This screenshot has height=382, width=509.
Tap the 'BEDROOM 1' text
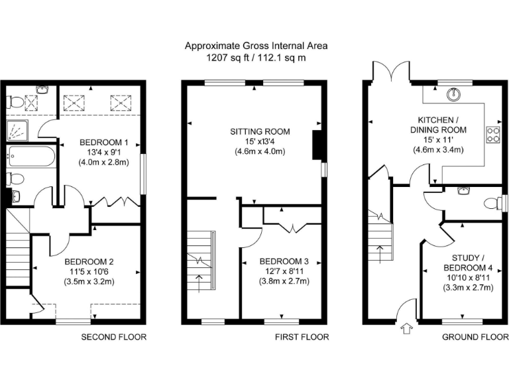click(x=104, y=142)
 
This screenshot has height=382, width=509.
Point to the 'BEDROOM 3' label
click(x=283, y=261)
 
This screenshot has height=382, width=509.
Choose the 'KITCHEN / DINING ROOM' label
click(x=437, y=125)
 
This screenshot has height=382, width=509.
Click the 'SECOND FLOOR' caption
click(x=113, y=337)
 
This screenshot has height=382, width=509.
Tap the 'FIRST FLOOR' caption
click(x=302, y=337)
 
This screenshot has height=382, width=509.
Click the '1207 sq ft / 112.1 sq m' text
click(x=256, y=58)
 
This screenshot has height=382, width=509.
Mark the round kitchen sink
click(x=454, y=94)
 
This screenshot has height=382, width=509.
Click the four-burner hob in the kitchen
click(x=494, y=135)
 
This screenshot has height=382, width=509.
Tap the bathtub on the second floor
click(x=31, y=157)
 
